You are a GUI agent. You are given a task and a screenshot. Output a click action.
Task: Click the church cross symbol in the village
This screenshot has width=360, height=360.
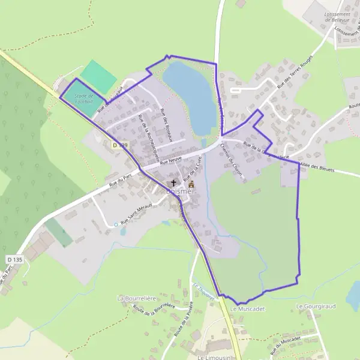click(x=174, y=182)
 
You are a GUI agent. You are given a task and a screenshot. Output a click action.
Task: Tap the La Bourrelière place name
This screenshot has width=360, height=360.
click(x=136, y=298)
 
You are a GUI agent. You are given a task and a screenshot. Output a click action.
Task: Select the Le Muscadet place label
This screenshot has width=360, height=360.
click(x=248, y=308)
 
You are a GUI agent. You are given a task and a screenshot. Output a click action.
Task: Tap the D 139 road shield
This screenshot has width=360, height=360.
click(x=120, y=145)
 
